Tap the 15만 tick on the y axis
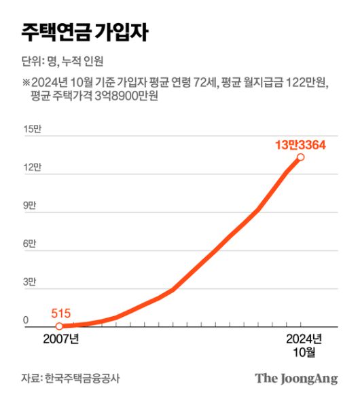point(32,129)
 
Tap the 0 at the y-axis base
point(26,320)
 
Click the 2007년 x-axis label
point(61,339)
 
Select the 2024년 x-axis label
point(302,339)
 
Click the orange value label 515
point(60,313)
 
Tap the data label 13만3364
point(300,144)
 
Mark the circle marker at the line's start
point(59,326)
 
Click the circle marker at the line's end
point(300,157)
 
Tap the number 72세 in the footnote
point(203,83)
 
